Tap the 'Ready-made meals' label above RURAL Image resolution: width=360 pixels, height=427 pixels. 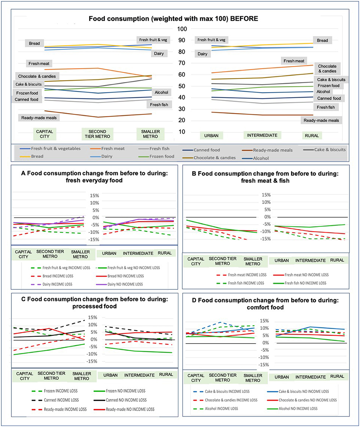(x=321, y=121)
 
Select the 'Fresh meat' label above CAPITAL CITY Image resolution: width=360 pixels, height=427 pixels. (x=39, y=63)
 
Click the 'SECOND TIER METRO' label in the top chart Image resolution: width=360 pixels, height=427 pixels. (x=97, y=134)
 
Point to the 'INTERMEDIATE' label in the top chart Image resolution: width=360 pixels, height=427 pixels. (x=262, y=135)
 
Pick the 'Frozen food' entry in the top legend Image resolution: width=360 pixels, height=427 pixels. (x=161, y=156)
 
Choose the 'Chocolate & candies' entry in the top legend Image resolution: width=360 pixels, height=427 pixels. (x=214, y=158)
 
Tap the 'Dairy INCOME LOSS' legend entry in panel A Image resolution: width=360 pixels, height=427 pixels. (x=58, y=284)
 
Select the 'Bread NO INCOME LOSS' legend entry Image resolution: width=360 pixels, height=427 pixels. (x=126, y=276)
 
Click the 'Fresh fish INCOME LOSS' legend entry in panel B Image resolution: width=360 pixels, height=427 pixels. (x=246, y=283)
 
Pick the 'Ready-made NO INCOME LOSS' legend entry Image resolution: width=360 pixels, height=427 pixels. (x=130, y=409)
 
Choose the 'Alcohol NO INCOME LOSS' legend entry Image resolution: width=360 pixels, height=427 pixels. (x=298, y=408)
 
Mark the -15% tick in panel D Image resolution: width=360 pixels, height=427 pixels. (x=265, y=365)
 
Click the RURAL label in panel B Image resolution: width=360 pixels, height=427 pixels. (x=337, y=260)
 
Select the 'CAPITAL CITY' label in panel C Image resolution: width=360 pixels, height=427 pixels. (x=25, y=376)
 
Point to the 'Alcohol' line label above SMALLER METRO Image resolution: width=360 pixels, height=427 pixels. (x=161, y=92)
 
